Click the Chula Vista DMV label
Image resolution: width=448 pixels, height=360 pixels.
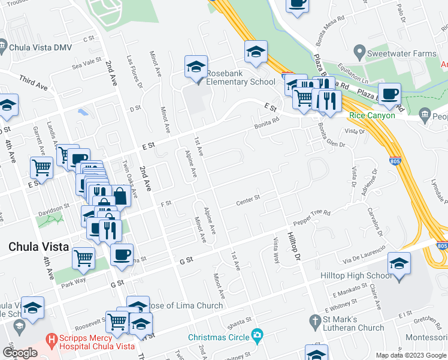[x=40, y=46]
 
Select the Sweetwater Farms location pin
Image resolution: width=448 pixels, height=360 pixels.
[x=359, y=52]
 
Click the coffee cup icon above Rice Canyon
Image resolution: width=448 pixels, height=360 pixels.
[x=389, y=94]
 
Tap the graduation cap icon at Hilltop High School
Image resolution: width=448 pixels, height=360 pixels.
[x=399, y=264]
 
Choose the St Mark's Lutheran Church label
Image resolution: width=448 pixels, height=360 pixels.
[x=354, y=323]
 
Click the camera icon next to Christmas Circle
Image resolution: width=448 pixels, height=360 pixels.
[x=257, y=334]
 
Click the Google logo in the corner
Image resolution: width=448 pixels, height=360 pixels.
[x=20, y=353]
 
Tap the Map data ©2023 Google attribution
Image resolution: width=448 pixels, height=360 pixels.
[x=411, y=355]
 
